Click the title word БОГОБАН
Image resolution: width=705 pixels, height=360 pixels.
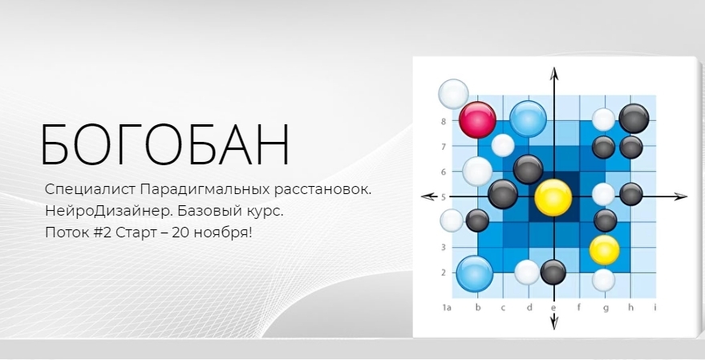pos(165,145)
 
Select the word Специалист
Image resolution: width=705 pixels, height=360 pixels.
pos(91,189)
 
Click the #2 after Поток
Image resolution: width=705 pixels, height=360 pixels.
pos(103,233)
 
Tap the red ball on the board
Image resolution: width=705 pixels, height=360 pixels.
pos(477,119)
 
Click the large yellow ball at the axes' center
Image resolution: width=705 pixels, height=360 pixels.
pos(553,198)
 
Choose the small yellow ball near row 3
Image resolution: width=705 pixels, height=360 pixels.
pos(604,249)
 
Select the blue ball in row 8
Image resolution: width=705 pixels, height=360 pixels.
pos(528,119)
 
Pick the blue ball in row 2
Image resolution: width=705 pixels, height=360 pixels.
pos(475,273)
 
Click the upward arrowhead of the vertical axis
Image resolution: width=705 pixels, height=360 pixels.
pos(554,73)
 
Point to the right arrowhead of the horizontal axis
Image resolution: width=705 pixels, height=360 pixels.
pos(679,196)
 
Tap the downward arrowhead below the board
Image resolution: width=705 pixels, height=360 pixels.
pos(554,321)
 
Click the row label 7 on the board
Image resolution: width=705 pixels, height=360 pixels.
pos(444,147)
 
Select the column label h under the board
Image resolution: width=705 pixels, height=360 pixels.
pos(631,307)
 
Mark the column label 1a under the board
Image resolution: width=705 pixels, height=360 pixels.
pos(447,307)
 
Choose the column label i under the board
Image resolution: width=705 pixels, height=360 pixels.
pos(655,307)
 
